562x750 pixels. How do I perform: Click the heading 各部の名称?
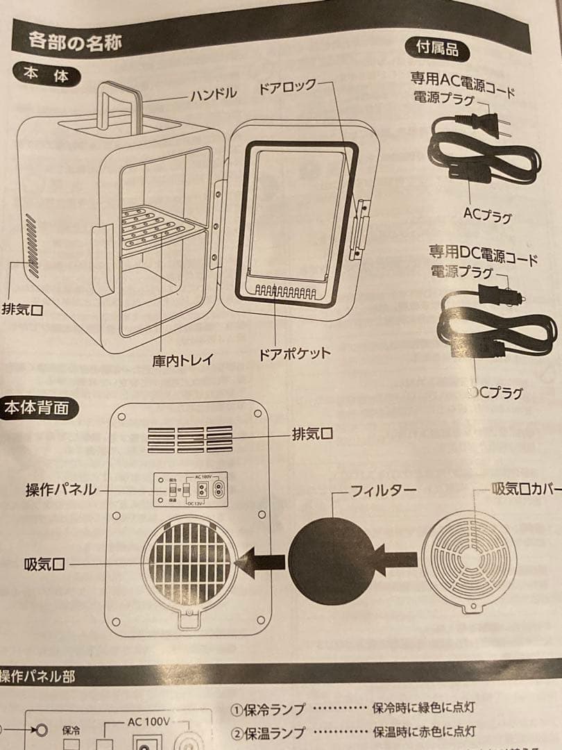click(76, 42)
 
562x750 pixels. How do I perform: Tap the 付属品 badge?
click(436, 49)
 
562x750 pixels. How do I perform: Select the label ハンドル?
click(214, 94)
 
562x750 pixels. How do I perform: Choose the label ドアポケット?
click(294, 353)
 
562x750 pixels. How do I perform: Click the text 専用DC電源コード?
click(483, 255)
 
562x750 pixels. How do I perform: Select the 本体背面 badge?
click(37, 408)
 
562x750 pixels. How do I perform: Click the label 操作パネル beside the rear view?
click(61, 490)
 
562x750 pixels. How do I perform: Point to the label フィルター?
click(383, 491)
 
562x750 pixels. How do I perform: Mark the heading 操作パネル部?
click(37, 676)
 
